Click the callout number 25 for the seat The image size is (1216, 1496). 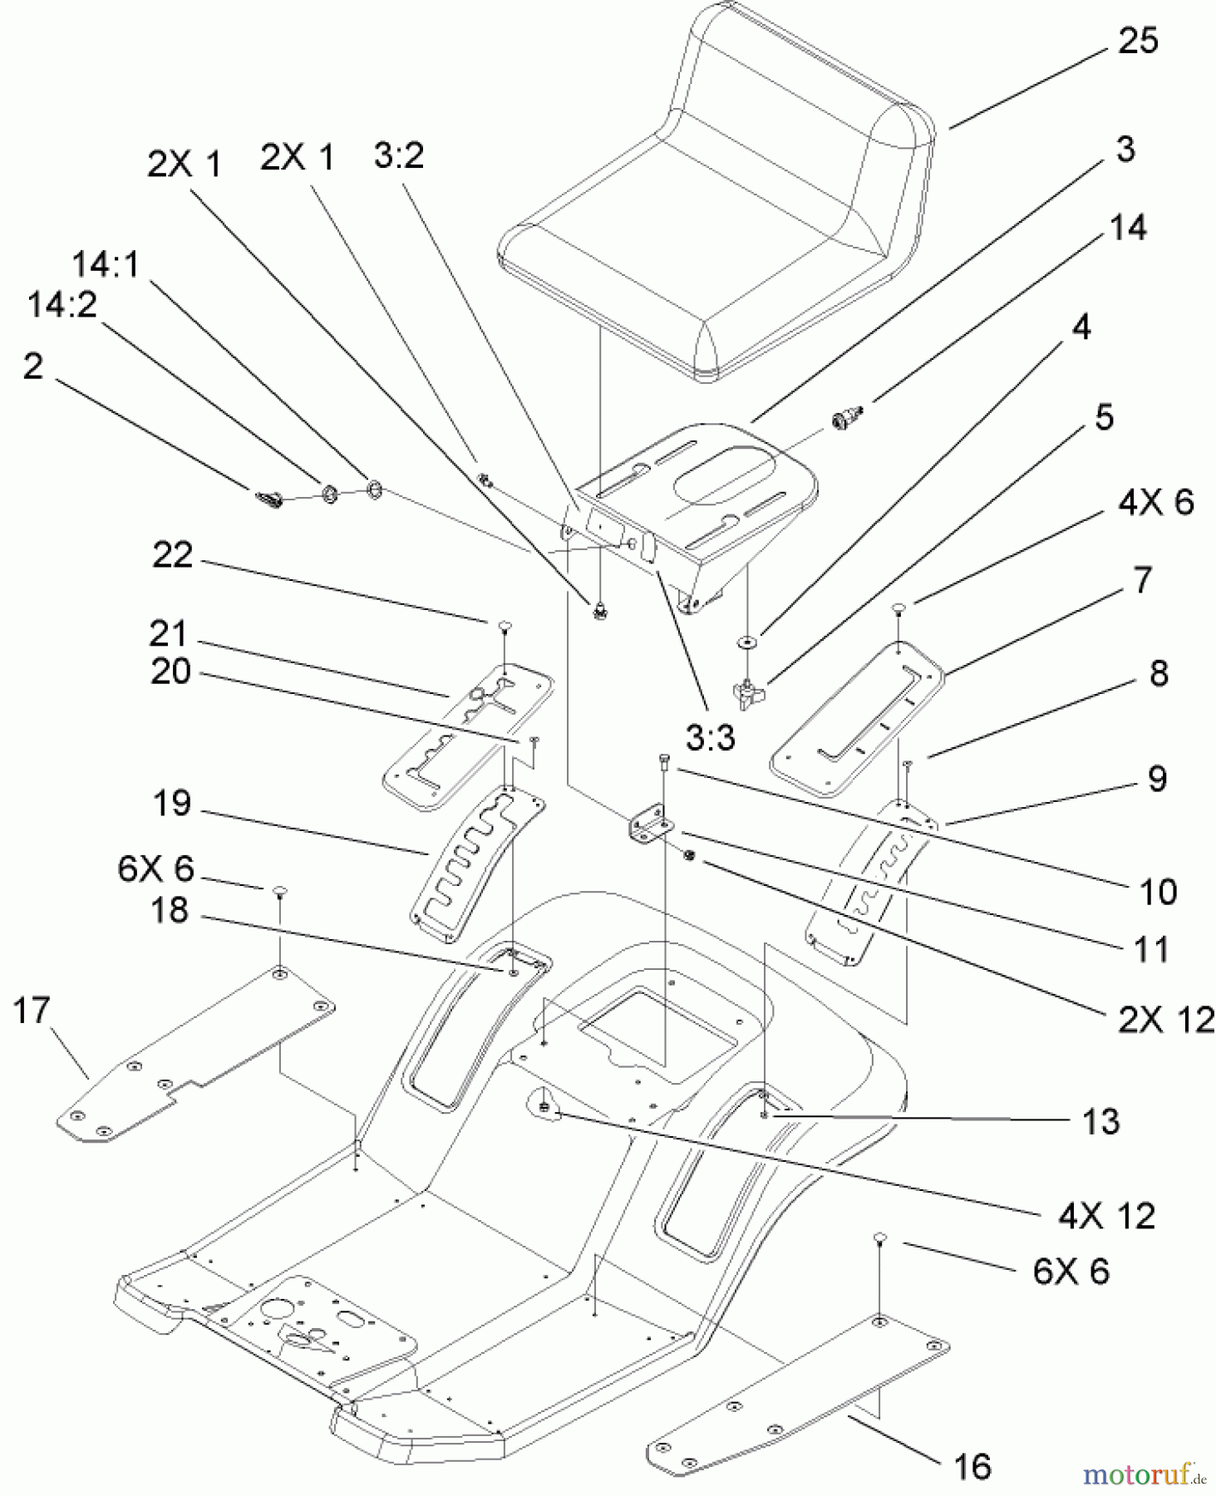(x=1137, y=41)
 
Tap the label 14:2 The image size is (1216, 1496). (x=62, y=305)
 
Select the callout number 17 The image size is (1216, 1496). (x=32, y=1011)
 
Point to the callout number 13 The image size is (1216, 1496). (x=1100, y=1121)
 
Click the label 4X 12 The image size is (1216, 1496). (x=1106, y=1216)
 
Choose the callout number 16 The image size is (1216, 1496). (x=972, y=1466)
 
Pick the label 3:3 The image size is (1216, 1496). (x=711, y=736)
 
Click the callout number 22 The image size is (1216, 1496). (x=172, y=555)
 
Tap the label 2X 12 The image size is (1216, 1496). (x=1165, y=1020)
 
